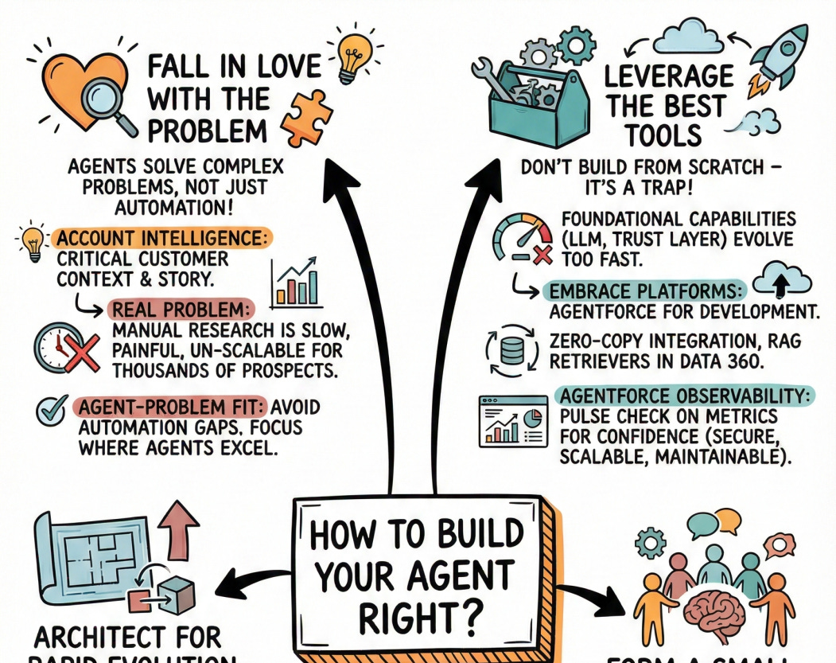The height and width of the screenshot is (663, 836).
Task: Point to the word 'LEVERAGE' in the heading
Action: pos(670,76)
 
